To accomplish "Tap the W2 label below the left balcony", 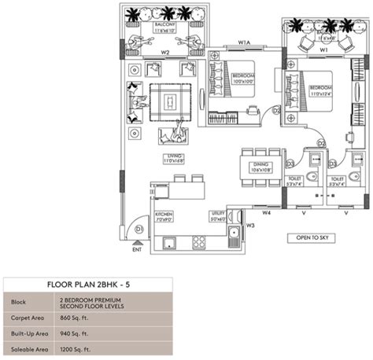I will [x=166, y=53].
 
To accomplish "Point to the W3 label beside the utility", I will [x=250, y=226].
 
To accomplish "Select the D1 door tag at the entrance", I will [x=138, y=229].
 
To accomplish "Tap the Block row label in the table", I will [x=18, y=303].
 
